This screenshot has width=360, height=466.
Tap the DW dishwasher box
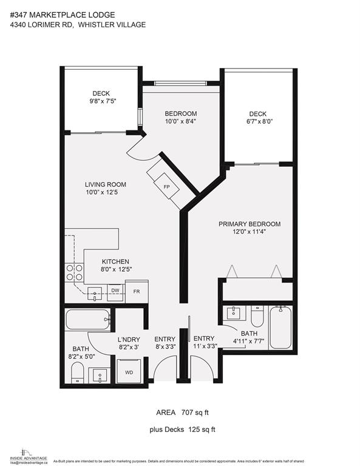(x=115, y=291)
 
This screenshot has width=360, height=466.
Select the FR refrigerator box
(x=137, y=291)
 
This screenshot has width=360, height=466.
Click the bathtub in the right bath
(x=280, y=328)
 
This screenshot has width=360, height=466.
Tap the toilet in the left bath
(x=78, y=373)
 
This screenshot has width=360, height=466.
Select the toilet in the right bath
(x=257, y=316)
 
